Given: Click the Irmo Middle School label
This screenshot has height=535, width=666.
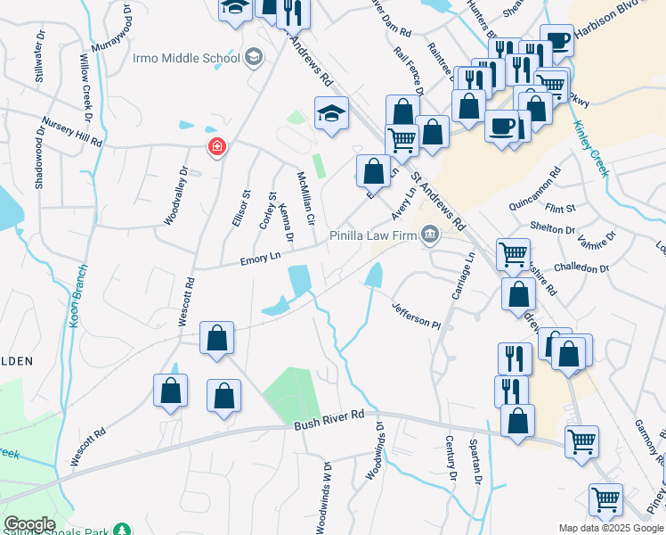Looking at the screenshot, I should [x=186, y=58].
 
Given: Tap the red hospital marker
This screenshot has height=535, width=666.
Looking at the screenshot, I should [x=216, y=147].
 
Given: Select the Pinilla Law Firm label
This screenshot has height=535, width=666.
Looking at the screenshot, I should [x=372, y=235].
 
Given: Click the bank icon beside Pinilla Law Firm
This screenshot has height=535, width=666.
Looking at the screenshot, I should [x=430, y=235].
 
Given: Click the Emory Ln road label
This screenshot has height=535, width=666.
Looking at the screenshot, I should [x=260, y=258].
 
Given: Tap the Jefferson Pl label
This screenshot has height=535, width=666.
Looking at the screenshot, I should [x=417, y=316].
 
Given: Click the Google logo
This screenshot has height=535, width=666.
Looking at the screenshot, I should [x=29, y=524].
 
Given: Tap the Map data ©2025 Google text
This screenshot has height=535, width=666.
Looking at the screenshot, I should [x=611, y=528].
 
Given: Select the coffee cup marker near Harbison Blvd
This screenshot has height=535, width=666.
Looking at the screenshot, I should [x=556, y=39].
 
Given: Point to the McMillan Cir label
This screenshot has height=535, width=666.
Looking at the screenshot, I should [x=305, y=199].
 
